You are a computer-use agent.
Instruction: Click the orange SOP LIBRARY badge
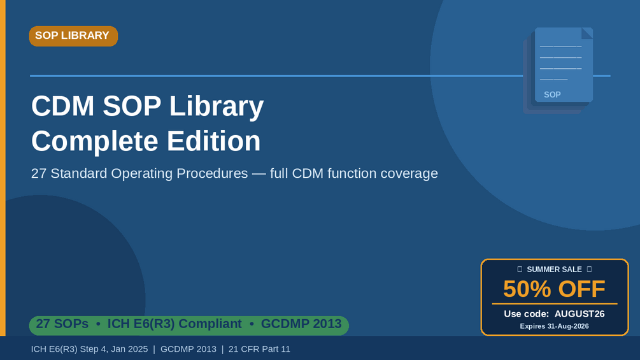(x=73, y=36)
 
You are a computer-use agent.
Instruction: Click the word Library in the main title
(x=217, y=106)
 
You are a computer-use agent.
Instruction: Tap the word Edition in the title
(x=213, y=141)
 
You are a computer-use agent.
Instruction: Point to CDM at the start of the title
(x=63, y=106)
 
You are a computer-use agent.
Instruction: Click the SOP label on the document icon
(x=552, y=95)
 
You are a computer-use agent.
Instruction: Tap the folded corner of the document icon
(x=587, y=33)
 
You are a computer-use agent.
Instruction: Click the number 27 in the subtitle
(x=39, y=173)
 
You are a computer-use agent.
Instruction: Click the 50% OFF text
(x=554, y=289)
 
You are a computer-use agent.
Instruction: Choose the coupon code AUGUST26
(x=579, y=314)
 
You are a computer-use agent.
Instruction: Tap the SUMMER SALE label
(x=554, y=270)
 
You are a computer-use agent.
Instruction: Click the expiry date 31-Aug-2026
(x=569, y=326)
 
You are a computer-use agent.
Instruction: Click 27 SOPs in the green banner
(x=62, y=324)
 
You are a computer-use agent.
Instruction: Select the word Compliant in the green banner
(x=210, y=324)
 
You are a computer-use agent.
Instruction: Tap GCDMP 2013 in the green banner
(x=301, y=324)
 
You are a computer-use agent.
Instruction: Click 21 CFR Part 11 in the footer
(x=259, y=349)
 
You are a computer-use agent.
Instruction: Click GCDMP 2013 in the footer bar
(x=188, y=349)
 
